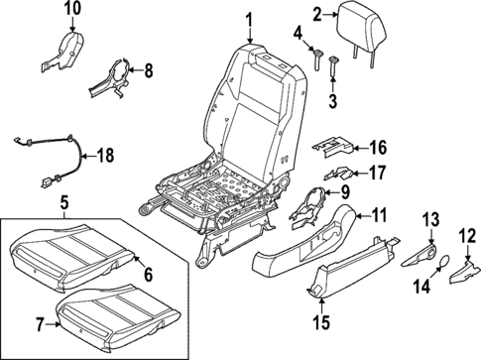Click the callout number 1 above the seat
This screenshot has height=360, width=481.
pyautogui.click(x=249, y=18)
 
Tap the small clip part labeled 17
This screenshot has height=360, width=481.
pyautogui.click(x=335, y=175)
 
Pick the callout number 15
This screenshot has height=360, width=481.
pyautogui.click(x=320, y=323)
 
